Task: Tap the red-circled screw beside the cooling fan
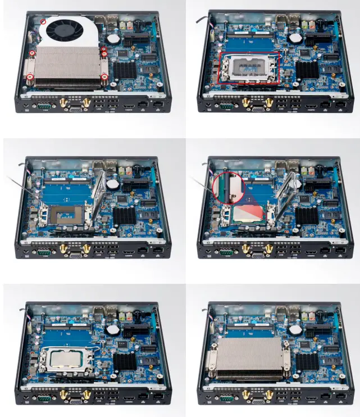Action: pos(44,21)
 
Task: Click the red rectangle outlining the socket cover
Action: pos(249,68)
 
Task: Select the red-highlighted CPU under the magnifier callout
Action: pos(250,213)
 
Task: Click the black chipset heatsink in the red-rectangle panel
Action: pos(307,70)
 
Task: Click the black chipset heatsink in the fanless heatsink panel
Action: pos(307,360)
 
